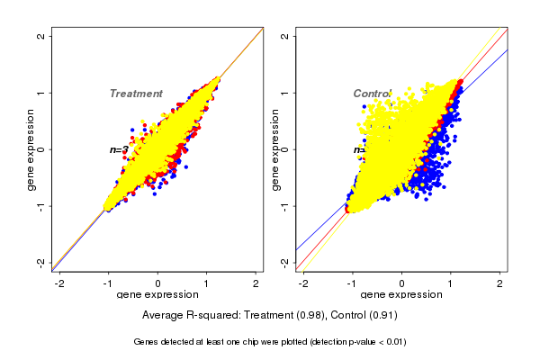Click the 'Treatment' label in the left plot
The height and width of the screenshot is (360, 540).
pos(136,94)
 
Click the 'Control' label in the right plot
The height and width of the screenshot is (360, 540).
pos(372,94)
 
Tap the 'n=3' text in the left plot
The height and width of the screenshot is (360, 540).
pos(119,149)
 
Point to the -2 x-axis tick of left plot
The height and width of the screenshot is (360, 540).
pos(60,283)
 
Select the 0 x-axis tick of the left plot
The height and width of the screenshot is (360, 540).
pos(158,283)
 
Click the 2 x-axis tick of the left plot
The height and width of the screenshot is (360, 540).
pos(256,283)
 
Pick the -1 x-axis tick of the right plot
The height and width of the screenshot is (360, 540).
pos(353,283)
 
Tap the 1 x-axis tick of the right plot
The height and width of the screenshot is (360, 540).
pos(451,283)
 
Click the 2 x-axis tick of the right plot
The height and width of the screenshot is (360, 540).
pos(500,283)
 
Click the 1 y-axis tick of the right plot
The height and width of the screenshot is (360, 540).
pos(285,93)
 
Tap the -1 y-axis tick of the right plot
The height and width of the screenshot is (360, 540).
pos(285,205)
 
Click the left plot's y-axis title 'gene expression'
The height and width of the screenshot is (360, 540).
pos(31,149)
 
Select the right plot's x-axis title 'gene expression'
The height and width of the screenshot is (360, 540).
pos(401,295)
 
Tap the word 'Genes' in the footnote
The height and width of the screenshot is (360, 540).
pos(147,342)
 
